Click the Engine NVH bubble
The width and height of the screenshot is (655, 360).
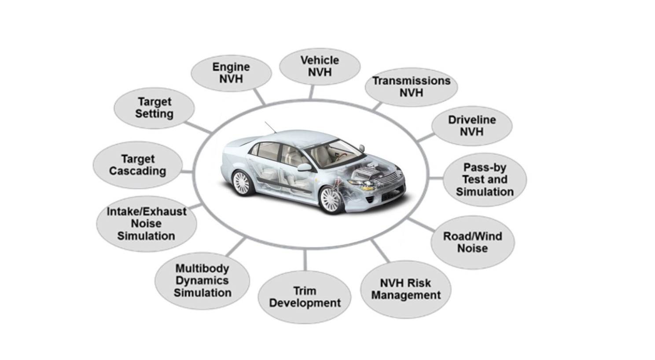pos(231,73)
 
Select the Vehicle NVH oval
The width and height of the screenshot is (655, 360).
pos(320,66)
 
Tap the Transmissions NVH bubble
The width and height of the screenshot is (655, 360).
pos(411,87)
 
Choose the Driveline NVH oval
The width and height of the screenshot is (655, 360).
pos(471,125)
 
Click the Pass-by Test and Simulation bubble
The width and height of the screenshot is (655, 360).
pos(485,180)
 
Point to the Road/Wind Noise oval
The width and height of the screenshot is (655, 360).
pos(472,242)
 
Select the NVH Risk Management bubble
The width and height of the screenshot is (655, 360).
pos(405,289)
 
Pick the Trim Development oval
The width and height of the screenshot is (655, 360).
pos(305,297)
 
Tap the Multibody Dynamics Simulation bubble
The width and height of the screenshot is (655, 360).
pos(202,280)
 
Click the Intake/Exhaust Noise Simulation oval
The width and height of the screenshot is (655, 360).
pos(146,224)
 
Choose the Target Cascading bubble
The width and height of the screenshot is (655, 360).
pos(137,165)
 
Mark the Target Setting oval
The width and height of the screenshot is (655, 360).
pos(154,108)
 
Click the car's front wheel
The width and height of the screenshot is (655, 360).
pos(331,200)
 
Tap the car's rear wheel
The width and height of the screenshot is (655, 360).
pos(242,183)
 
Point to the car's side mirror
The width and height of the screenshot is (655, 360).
pos(304,167)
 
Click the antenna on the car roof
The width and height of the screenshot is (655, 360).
pos(270,127)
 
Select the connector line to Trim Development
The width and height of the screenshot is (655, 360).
pos(305,260)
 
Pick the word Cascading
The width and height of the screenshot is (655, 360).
pos(137,171)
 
